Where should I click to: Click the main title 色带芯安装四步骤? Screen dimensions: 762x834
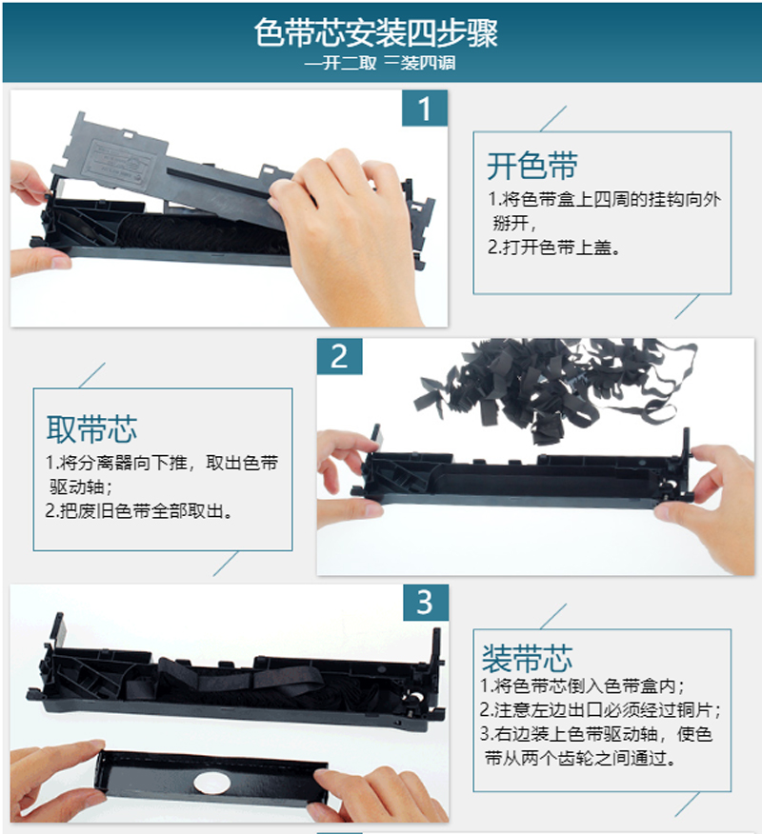375,33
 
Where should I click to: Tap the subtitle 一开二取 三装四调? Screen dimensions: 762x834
380,63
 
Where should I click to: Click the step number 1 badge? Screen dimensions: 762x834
424,109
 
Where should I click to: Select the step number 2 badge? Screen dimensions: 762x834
339,356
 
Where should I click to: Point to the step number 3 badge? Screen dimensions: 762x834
425,603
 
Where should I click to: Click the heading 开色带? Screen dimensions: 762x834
532,166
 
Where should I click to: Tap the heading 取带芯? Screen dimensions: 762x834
91,428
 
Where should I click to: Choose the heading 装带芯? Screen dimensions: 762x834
527,658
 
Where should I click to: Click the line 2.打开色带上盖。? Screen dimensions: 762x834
554,248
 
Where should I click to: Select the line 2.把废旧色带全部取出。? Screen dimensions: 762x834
139,511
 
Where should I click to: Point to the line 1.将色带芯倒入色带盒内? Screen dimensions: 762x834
582,685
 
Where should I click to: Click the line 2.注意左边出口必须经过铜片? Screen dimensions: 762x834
600,709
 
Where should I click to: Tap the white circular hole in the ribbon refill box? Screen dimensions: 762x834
212,782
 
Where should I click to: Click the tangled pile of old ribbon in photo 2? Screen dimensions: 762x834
553,388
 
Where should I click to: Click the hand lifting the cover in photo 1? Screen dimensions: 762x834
346,228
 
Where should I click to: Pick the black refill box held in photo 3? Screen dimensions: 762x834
211,777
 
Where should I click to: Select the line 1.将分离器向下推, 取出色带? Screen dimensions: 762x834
162,463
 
